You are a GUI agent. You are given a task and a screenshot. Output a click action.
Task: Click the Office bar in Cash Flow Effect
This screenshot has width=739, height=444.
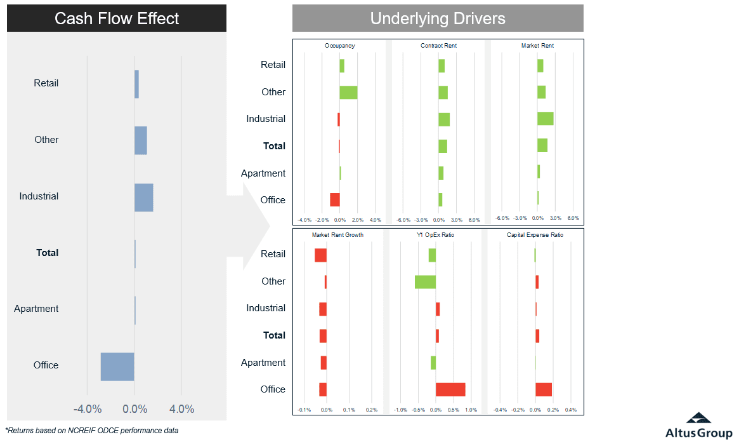click(117, 367)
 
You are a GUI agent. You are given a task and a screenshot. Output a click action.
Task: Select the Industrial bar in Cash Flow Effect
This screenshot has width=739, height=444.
click(144, 198)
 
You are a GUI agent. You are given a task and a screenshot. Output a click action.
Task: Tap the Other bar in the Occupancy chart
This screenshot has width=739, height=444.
click(348, 92)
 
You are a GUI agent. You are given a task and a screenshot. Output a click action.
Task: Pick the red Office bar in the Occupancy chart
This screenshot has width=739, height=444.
click(335, 199)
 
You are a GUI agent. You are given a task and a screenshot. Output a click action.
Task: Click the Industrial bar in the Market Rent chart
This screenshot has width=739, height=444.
click(546, 119)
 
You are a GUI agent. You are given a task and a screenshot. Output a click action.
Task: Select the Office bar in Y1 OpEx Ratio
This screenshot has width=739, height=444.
click(450, 389)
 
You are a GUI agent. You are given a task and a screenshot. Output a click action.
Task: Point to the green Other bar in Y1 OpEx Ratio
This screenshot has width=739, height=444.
click(425, 281)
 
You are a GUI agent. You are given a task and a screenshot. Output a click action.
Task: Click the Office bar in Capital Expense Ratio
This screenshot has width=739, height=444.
click(544, 389)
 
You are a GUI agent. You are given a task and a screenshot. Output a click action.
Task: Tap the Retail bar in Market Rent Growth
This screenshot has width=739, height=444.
click(320, 255)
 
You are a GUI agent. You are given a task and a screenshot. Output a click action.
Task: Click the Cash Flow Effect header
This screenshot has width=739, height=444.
click(117, 18)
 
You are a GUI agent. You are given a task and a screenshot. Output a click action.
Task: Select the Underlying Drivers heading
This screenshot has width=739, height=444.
click(438, 18)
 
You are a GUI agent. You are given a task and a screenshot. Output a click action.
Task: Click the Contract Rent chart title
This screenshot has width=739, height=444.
click(438, 46)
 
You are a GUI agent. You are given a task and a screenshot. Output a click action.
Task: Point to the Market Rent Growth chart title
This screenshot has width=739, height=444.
click(337, 235)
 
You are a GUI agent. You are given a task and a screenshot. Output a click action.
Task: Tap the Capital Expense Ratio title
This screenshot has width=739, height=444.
click(535, 235)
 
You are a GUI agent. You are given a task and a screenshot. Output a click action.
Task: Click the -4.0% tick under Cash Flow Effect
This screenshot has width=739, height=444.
click(88, 409)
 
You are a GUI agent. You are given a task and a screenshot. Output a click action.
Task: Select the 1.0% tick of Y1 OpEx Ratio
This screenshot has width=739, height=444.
click(471, 410)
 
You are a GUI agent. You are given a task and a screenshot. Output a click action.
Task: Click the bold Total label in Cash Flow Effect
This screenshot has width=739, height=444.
click(48, 253)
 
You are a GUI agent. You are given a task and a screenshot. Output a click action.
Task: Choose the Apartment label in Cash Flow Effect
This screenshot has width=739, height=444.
click(36, 309)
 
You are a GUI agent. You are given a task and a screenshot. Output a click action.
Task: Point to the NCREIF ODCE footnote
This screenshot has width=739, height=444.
click(92, 430)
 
